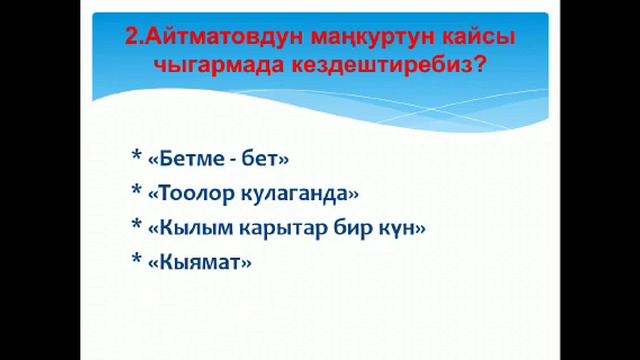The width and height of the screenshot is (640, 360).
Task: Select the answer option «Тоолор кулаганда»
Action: pyautogui.click(x=252, y=193)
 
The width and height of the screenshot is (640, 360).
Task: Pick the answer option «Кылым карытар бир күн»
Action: pyautogui.click(x=286, y=228)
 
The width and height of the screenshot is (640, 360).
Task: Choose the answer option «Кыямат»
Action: pyautogui.click(x=199, y=263)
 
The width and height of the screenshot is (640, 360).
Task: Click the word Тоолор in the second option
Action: pyautogui.click(x=198, y=193)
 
